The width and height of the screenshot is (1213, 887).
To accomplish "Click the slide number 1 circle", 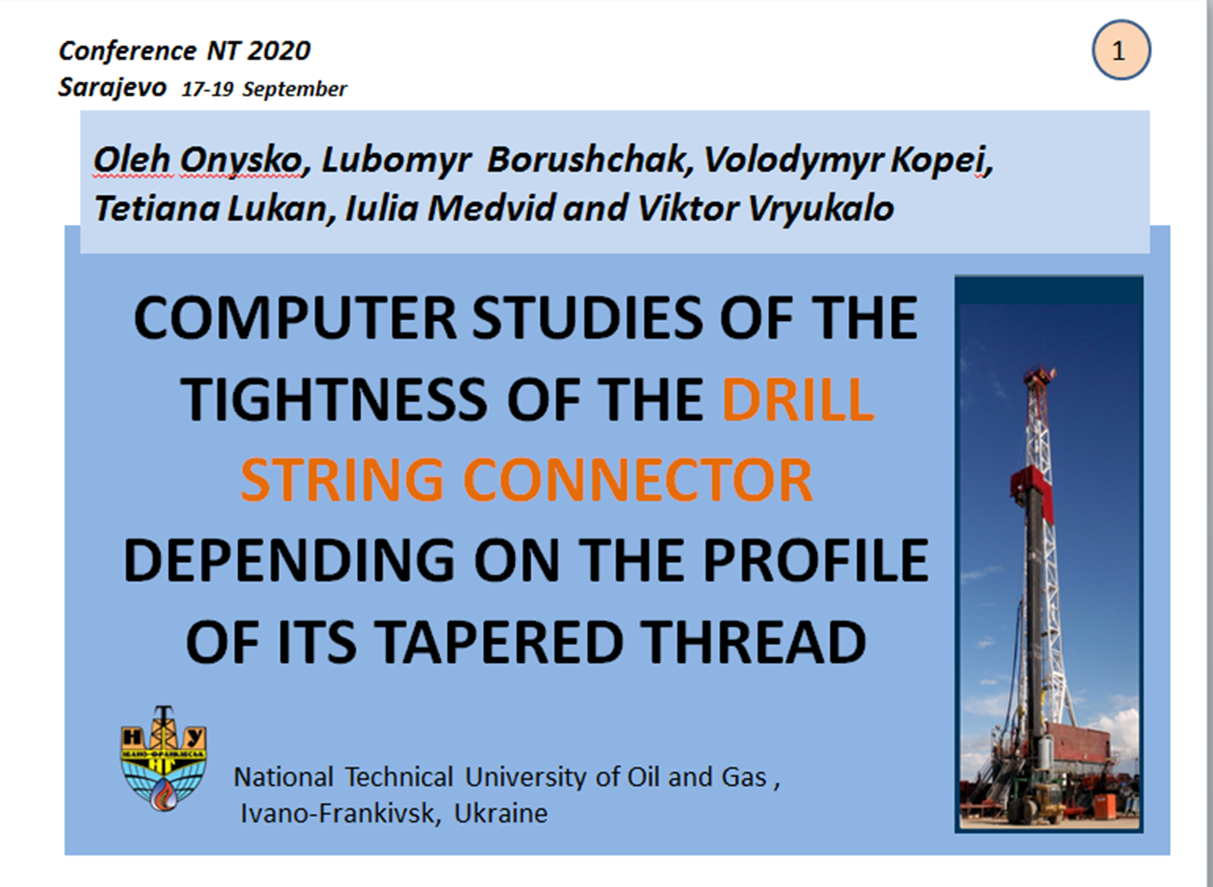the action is click(x=1121, y=50).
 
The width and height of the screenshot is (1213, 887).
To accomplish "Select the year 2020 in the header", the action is click(x=279, y=51).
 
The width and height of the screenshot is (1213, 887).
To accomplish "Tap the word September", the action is click(x=294, y=90).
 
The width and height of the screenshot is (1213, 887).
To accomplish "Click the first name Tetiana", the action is click(x=157, y=208).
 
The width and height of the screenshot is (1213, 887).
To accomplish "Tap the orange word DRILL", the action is click(x=798, y=400).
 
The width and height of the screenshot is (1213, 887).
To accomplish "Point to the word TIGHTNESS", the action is click(x=333, y=400).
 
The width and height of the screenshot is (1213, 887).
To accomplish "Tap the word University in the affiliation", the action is click(x=527, y=778).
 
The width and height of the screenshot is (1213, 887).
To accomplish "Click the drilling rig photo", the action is click(x=1049, y=554).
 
